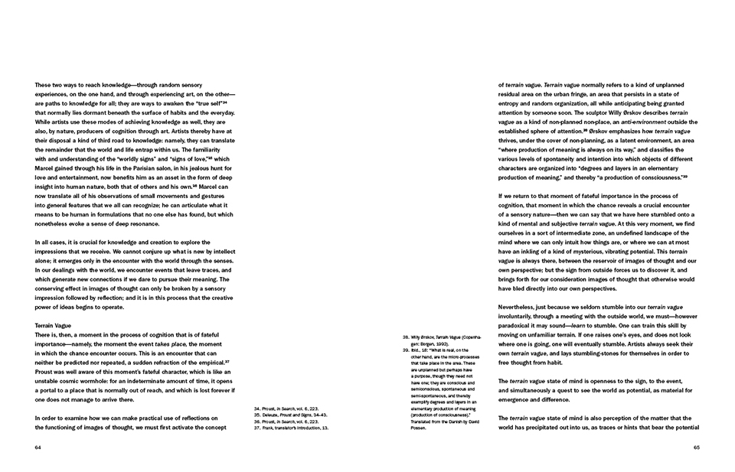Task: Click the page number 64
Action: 38,448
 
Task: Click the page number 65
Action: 697,448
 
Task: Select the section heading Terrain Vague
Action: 54,325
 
